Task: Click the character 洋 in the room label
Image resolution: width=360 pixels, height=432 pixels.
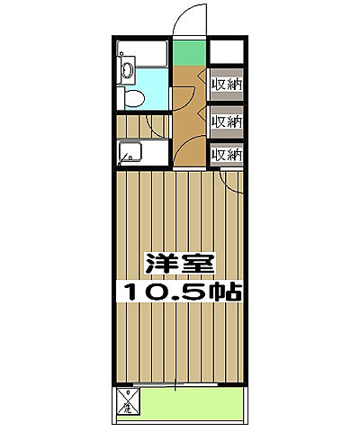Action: click(x=160, y=266)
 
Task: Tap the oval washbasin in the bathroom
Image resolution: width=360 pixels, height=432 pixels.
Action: click(x=127, y=73)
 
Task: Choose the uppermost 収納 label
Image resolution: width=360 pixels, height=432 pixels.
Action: click(x=226, y=86)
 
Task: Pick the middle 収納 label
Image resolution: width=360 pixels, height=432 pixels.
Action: click(x=226, y=121)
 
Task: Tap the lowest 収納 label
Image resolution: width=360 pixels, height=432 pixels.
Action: click(x=226, y=154)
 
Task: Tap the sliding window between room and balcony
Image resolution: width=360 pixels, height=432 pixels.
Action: click(x=180, y=384)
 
